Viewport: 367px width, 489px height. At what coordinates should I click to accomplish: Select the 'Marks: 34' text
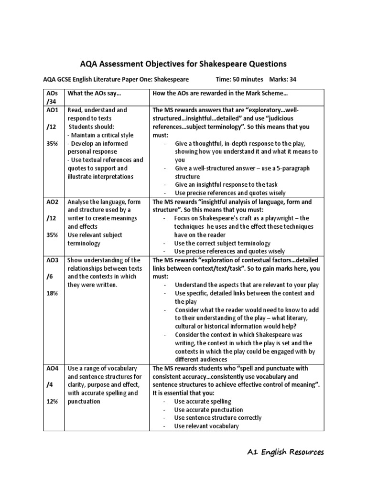pos(286,79)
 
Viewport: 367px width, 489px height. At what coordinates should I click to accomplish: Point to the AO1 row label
pos(53,110)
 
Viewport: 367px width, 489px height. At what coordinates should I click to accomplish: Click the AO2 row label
pos(53,202)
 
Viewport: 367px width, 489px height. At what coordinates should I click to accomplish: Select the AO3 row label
pos(53,260)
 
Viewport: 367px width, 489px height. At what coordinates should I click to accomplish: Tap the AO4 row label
pos(53,368)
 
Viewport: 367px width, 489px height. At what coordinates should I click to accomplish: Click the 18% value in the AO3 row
pos(52,293)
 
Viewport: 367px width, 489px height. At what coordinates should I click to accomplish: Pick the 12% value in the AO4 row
pos(52,402)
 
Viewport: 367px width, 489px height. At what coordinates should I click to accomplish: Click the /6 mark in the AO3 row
pos(50,277)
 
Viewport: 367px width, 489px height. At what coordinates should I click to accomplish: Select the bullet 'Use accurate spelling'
pos(203,402)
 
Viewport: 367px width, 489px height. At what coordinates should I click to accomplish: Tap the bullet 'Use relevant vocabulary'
pos(206,426)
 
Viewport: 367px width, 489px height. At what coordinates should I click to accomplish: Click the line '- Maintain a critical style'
pos(100,135)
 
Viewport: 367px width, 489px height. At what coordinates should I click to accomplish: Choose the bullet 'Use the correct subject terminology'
pos(222,243)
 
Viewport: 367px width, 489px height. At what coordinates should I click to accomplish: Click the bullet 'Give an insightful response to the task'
pos(226,184)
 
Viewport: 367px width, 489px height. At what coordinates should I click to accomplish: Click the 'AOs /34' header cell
pos(52,97)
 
